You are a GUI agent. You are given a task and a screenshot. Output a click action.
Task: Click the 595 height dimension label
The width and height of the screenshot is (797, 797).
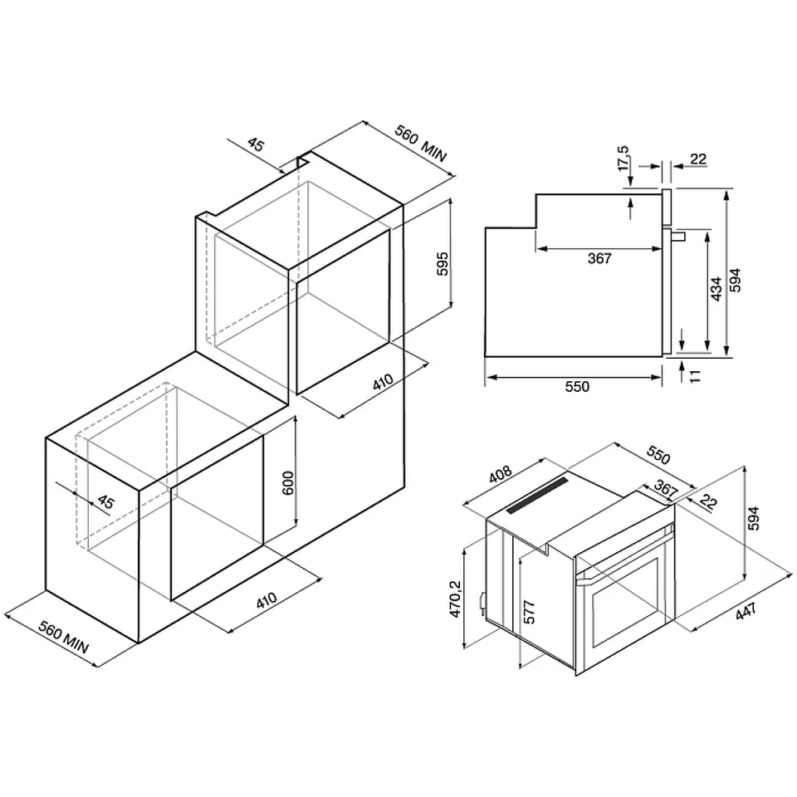443,264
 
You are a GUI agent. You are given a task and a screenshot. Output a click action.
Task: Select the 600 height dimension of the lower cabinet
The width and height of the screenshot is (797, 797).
288,483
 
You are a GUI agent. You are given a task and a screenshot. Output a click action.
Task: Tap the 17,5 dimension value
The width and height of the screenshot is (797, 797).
623,158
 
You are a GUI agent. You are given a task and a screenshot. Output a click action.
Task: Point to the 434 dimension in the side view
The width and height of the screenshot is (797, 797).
716,289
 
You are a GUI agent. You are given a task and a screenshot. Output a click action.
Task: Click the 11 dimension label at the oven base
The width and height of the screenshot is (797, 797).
696,375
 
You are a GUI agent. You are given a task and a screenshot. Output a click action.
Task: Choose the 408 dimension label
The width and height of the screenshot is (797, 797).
500,474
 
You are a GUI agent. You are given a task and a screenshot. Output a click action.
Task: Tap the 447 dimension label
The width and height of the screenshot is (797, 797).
746,611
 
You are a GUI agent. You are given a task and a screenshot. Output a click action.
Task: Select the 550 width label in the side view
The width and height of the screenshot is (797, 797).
577,387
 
